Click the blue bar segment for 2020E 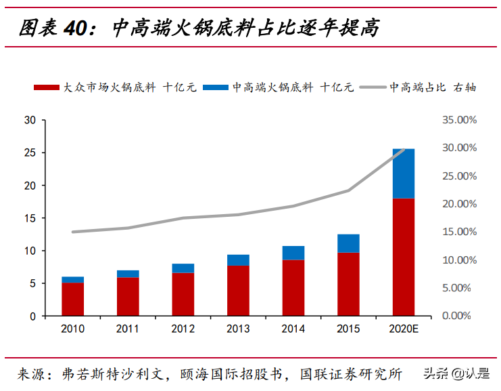coord(404,173)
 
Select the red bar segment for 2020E coord(404,257)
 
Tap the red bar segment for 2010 coord(72,299)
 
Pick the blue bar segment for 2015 coord(348,243)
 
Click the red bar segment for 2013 coord(238,290)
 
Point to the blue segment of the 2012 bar coord(183,268)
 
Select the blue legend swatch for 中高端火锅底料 coord(216,87)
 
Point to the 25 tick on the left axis coord(29,152)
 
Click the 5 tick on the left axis coord(32,283)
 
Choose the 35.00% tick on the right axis coord(459,120)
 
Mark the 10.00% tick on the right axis coord(459,260)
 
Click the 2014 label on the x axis coord(293,329)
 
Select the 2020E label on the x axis coord(404,329)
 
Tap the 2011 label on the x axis coord(127,329)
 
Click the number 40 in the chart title coord(76,28)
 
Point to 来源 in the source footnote coord(32,373)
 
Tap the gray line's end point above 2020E coord(404,150)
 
